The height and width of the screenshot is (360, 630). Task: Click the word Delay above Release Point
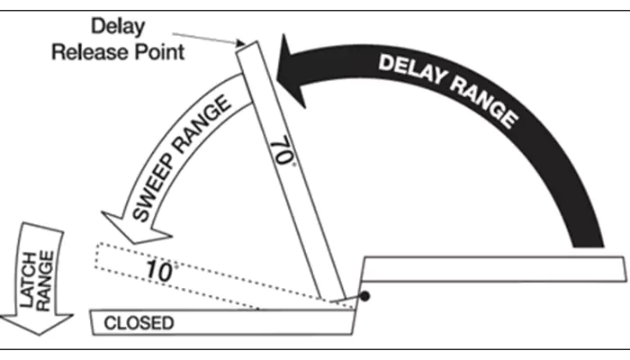(x=118, y=27)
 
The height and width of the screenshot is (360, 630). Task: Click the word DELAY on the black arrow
(x=412, y=69)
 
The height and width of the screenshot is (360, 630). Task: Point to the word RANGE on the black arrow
(x=485, y=102)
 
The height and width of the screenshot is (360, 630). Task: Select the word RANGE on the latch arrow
(x=44, y=281)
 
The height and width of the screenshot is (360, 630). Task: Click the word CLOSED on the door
(x=139, y=323)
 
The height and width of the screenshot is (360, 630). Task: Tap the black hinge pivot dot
(x=364, y=296)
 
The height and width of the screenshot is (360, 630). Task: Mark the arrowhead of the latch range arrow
(x=37, y=323)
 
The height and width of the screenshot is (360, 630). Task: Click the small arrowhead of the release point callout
(x=240, y=42)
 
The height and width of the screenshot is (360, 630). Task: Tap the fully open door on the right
(x=493, y=269)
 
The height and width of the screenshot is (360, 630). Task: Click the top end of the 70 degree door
(x=247, y=46)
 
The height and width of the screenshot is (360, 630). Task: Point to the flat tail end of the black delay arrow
(x=588, y=246)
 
